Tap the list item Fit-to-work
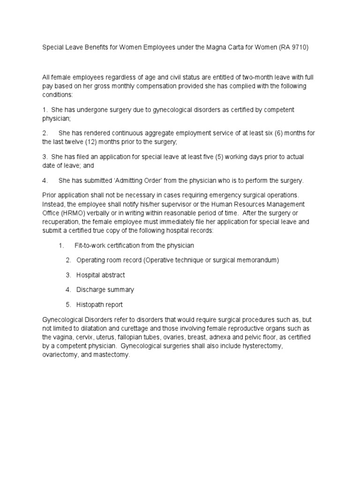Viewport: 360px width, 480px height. pyautogui.click(x=92, y=245)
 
